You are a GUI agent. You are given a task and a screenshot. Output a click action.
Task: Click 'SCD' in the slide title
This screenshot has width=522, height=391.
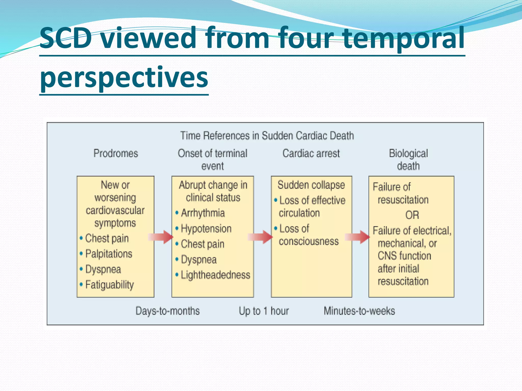tap(66, 38)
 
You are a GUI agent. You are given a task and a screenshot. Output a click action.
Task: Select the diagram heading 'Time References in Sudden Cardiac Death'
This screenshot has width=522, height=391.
tap(267, 135)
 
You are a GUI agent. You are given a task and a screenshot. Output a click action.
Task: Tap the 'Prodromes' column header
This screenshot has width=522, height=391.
tap(115, 153)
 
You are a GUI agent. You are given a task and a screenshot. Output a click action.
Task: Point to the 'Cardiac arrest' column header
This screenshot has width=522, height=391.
tap(311, 153)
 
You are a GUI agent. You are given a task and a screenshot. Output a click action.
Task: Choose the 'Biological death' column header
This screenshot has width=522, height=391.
tap(408, 160)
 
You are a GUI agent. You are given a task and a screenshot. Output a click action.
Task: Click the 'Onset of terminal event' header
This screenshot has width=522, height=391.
tap(213, 160)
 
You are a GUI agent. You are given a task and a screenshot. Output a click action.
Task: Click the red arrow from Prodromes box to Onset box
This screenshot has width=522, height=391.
tap(161, 237)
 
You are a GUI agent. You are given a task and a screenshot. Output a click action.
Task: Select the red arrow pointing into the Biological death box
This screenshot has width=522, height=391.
tap(357, 237)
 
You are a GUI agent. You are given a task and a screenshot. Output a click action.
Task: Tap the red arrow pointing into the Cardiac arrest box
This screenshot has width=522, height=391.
tap(260, 237)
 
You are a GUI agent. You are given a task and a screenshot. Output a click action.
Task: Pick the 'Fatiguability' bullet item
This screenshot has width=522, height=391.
tap(109, 285)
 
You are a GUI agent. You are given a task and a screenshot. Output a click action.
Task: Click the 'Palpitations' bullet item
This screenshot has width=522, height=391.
tap(109, 254)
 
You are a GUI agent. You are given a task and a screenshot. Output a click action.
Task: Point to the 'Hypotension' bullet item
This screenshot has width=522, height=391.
tap(206, 229)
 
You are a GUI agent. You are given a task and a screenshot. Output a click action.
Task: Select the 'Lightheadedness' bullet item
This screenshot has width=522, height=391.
tap(215, 275)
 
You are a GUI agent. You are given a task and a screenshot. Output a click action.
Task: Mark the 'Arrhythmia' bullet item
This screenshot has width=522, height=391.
tap(203, 213)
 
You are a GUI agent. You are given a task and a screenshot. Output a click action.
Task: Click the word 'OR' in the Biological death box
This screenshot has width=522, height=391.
tap(412, 215)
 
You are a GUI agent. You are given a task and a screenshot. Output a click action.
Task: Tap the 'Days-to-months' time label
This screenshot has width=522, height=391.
tap(167, 311)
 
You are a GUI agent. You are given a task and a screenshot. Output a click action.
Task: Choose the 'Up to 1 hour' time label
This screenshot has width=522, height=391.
tap(264, 311)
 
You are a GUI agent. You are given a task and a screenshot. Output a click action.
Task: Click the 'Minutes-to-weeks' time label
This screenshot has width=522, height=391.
tap(359, 311)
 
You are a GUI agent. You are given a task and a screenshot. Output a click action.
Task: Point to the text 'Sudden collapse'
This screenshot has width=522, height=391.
tap(311, 185)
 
